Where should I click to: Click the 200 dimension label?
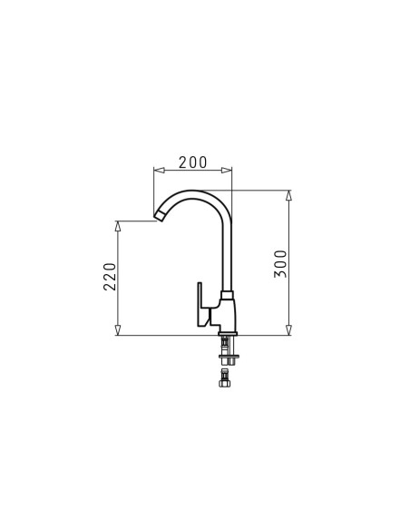pyautogui.click(x=192, y=162)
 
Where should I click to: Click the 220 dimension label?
pyautogui.click(x=110, y=277)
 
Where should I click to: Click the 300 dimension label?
pyautogui.click(x=280, y=264)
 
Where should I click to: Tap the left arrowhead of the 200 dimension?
pyautogui.click(x=159, y=170)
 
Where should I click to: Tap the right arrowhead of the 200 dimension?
pyautogui.click(x=227, y=170)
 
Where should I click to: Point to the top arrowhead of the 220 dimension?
pyautogui.click(x=118, y=226)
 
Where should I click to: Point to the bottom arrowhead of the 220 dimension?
pyautogui.click(x=118, y=330)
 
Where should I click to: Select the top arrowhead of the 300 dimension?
pyautogui.click(x=288, y=196)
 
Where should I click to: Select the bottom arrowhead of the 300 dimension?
pyautogui.click(x=288, y=330)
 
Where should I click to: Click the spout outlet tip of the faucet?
pyautogui.click(x=160, y=215)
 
